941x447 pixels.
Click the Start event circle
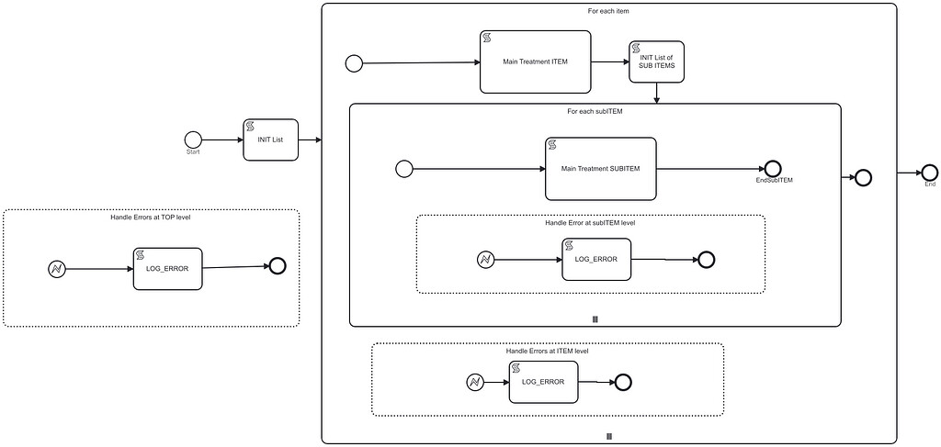(193, 140)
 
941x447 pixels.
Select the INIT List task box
(270, 140)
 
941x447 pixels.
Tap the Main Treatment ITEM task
(534, 62)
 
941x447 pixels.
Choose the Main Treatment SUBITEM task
(601, 169)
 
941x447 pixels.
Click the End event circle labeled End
(929, 173)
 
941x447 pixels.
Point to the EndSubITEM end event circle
(772, 169)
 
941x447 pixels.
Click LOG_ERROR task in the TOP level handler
(166, 269)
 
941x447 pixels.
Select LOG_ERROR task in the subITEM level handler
(595, 259)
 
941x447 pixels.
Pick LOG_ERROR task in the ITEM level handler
(543, 382)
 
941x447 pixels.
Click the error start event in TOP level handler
(57, 269)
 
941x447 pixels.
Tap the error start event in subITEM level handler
(486, 260)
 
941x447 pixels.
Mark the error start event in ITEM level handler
(474, 382)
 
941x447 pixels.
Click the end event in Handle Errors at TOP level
(278, 266)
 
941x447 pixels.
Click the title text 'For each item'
(608, 11)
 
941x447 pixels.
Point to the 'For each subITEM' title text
(595, 112)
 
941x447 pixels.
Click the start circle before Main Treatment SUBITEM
(403, 169)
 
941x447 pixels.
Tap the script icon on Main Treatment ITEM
(487, 38)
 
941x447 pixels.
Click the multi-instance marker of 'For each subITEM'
(595, 318)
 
